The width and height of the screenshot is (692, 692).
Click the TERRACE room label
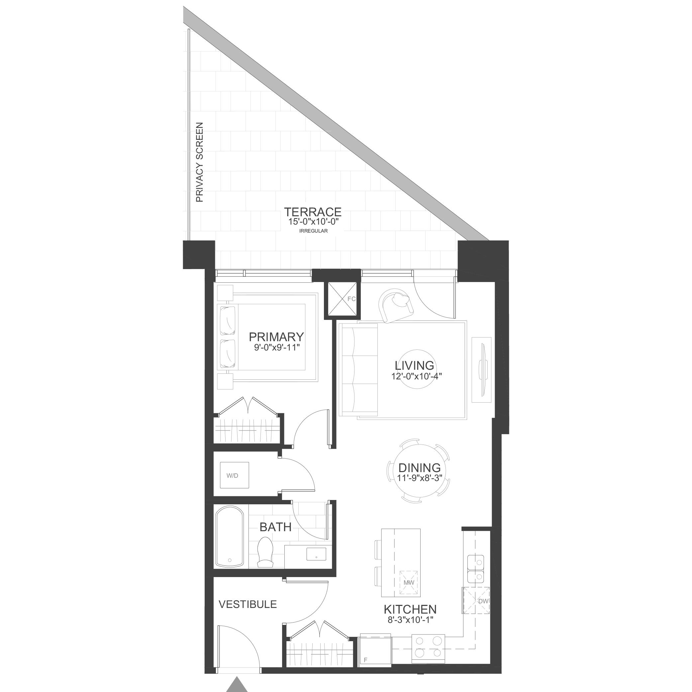pos(313,212)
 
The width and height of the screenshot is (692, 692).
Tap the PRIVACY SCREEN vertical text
pos(200,162)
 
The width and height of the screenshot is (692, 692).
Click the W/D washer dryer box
pos(234,475)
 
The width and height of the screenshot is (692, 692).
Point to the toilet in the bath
pos(265,557)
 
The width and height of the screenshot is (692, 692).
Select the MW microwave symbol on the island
pos(409,583)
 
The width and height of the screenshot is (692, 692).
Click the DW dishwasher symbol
pos(476,601)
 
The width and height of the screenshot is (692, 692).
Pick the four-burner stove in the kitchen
pos(428,647)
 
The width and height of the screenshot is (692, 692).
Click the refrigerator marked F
pos(375,649)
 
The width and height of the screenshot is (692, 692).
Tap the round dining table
pos(418,471)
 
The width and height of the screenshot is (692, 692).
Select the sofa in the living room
pos(358,369)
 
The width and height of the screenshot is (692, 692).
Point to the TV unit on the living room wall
pos(481,370)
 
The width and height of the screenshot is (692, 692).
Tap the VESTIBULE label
pos(247,604)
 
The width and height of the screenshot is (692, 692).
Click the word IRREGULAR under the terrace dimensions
pos(313,231)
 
